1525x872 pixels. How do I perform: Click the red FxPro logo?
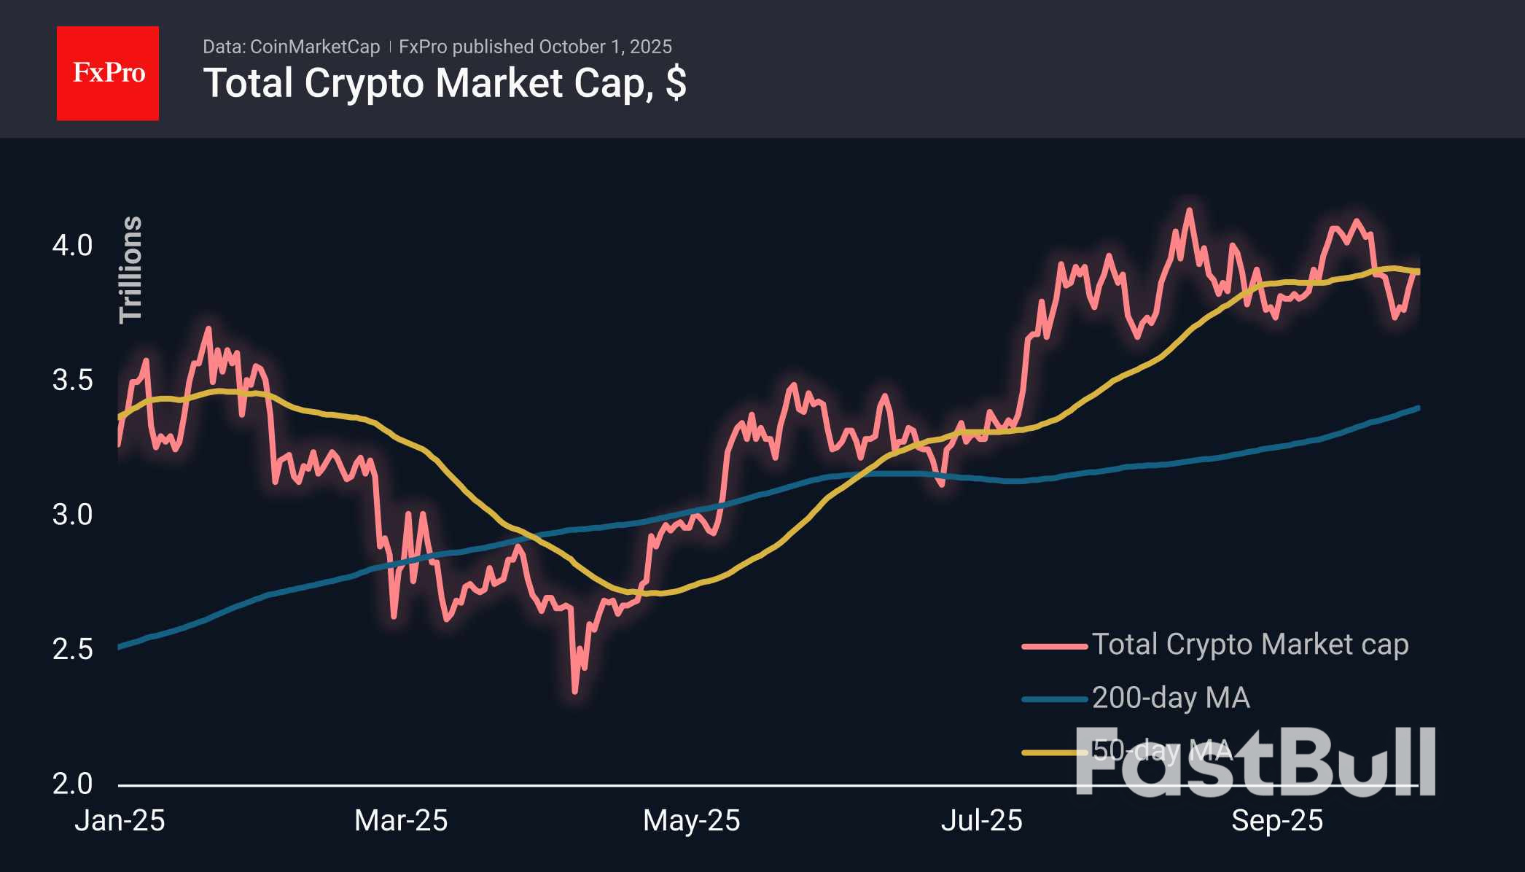pos(108,73)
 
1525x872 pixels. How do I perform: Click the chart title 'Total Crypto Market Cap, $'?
pos(445,83)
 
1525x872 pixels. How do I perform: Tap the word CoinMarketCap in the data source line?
pos(314,47)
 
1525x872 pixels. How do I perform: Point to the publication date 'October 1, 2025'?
pos(605,47)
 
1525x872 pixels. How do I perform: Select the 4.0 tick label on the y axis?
pos(72,246)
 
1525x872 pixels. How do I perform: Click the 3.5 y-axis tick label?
pos(72,380)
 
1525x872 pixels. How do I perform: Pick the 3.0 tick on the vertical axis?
pos(72,515)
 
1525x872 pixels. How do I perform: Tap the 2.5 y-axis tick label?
pos(72,649)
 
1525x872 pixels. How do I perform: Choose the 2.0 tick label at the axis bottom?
pos(72,784)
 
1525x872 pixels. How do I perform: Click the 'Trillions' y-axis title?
pos(130,269)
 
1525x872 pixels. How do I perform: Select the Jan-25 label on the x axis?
pos(120,821)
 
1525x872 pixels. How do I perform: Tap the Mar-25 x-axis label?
pos(401,821)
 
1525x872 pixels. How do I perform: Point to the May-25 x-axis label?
pos(691,821)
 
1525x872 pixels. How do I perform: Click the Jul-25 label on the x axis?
pos(981,821)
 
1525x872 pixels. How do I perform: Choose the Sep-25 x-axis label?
pos(1277,821)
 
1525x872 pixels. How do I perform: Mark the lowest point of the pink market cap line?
pos(575,691)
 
